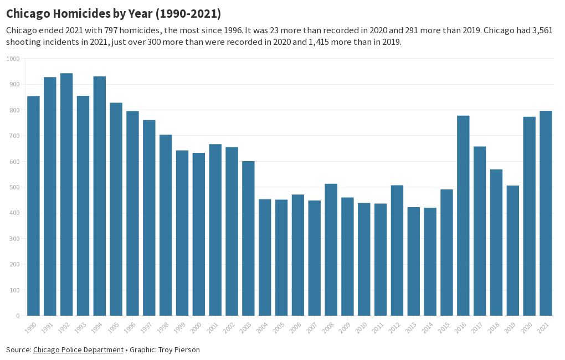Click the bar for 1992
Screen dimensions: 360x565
[66, 194]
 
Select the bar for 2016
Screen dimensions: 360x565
[463, 215]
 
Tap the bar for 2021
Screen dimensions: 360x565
[546, 213]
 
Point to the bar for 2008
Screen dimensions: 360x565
[331, 250]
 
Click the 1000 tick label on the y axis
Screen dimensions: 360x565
[13, 59]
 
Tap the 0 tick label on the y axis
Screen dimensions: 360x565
[17, 316]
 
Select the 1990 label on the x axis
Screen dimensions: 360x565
[31, 327]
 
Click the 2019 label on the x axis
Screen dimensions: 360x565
[510, 327]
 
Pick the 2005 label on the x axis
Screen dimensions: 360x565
[279, 327]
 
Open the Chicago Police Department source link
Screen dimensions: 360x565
[78, 349]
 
